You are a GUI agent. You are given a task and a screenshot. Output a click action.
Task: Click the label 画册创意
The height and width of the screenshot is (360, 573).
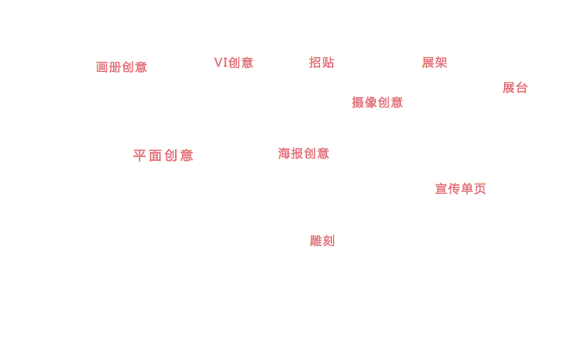[x=122, y=67]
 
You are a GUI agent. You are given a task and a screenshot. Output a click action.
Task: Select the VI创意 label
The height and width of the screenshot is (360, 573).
[x=233, y=63]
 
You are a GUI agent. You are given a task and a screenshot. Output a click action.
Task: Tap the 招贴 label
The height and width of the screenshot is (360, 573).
[x=322, y=63]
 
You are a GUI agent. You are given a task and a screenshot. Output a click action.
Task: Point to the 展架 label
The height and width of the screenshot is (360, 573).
[x=435, y=63]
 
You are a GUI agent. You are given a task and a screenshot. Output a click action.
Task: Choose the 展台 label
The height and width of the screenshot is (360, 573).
[x=515, y=88]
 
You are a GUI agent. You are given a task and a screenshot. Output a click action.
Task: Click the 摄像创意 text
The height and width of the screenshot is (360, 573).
[x=377, y=103]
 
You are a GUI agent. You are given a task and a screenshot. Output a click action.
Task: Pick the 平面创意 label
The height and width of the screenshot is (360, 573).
[x=163, y=155]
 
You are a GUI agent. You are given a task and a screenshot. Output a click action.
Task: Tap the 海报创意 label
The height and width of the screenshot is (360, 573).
[x=303, y=154]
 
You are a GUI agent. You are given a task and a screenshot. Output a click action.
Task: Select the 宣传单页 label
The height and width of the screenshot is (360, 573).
[x=461, y=189]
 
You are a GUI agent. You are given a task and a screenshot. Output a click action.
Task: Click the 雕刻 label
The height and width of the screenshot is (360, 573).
[x=322, y=241]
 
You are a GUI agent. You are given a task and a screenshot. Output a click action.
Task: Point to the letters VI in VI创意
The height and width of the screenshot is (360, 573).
[x=221, y=63]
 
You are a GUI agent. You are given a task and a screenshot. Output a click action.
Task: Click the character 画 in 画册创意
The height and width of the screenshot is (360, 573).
[x=102, y=67]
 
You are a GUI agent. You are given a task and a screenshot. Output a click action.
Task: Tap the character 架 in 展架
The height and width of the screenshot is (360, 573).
[x=441, y=63]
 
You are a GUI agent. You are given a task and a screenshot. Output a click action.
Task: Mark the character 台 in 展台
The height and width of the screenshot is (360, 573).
[x=521, y=88]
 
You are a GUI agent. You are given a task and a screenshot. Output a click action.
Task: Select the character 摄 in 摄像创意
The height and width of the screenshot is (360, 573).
[x=358, y=103]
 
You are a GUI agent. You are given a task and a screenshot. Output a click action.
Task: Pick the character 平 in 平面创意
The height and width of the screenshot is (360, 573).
[x=140, y=155]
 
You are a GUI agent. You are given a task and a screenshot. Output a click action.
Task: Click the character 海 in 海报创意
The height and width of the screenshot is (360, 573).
[x=284, y=154]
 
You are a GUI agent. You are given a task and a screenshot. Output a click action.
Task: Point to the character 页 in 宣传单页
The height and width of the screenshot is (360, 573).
[x=480, y=189]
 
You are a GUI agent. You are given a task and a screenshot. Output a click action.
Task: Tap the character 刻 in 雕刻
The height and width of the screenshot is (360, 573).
[x=329, y=241]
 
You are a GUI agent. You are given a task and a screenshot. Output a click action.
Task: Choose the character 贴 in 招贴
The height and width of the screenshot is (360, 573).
[x=328, y=63]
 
